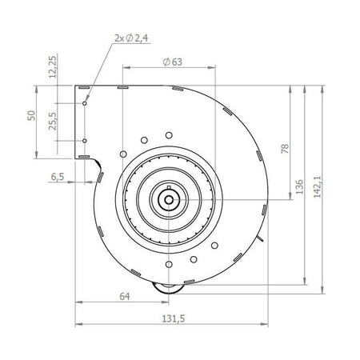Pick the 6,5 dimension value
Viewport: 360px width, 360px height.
[x=57, y=176]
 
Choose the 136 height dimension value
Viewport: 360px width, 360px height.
[x=299, y=188]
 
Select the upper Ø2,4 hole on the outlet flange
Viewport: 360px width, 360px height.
[x=85, y=102]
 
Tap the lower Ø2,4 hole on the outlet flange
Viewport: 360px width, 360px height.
[x=85, y=141]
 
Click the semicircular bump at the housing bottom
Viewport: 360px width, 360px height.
[x=168, y=290]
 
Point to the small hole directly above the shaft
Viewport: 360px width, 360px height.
[x=168, y=137]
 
